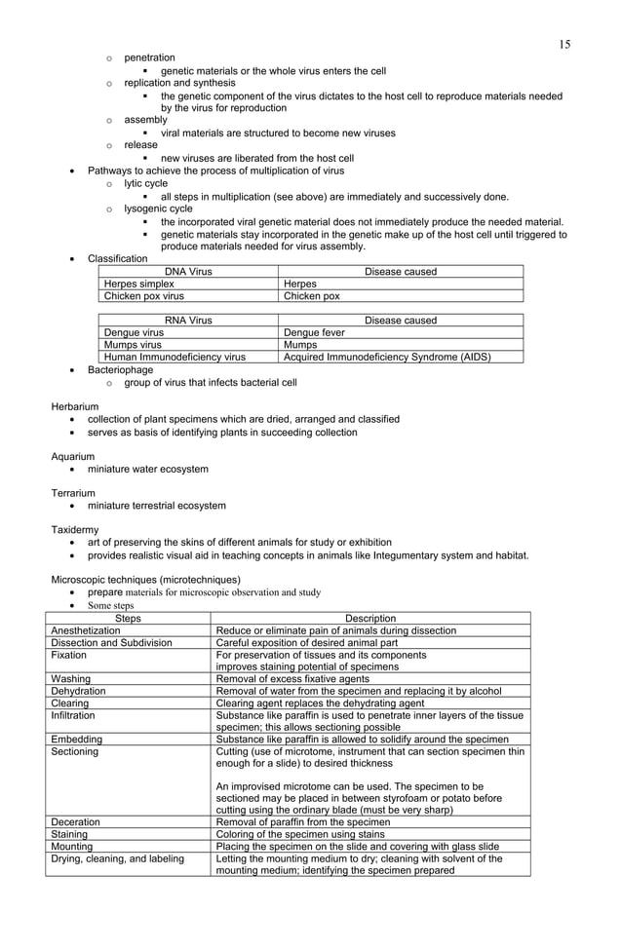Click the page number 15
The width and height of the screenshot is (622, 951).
click(x=564, y=45)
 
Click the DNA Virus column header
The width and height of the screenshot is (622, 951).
click(x=188, y=271)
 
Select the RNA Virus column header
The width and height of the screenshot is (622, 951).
click(x=188, y=320)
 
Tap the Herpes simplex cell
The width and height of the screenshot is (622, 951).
click(x=139, y=284)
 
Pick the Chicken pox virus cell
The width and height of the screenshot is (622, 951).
click(x=144, y=296)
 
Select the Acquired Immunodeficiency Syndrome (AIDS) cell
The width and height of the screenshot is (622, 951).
click(x=386, y=357)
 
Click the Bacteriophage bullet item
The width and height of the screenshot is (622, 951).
click(x=120, y=370)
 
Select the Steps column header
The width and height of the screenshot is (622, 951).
click(x=128, y=618)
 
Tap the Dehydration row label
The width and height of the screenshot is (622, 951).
click(x=79, y=691)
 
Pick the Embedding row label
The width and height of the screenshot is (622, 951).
click(x=76, y=740)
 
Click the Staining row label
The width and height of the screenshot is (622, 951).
click(x=69, y=834)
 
